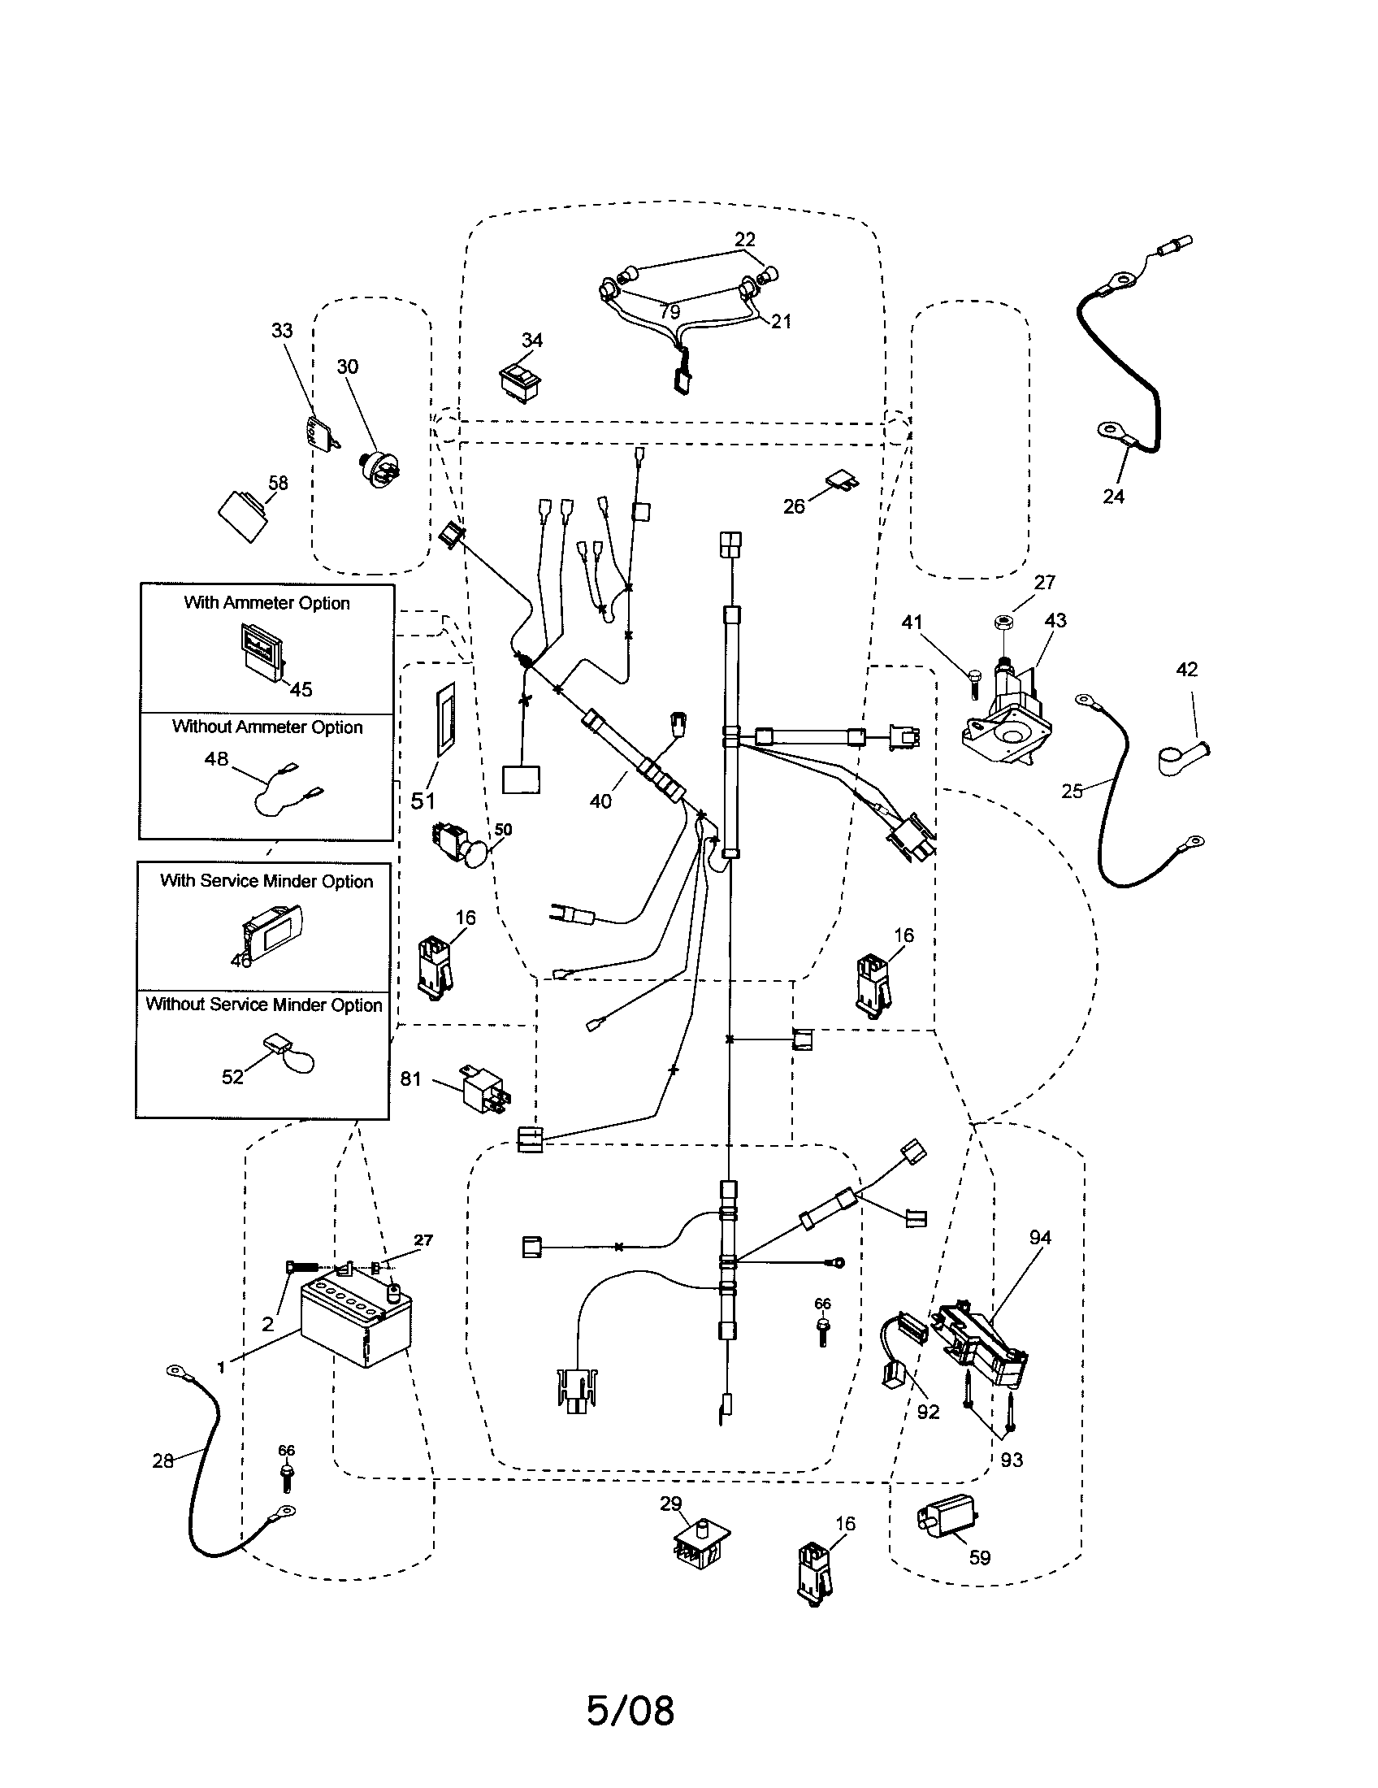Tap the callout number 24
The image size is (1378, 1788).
point(1113,496)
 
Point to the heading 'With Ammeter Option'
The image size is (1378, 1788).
point(266,602)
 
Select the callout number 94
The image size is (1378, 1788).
point(1040,1238)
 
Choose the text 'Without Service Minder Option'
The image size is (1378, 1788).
point(263,1005)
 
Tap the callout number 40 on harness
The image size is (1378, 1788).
point(600,801)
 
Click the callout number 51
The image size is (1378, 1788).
point(423,801)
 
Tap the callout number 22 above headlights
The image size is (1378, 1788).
point(744,239)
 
